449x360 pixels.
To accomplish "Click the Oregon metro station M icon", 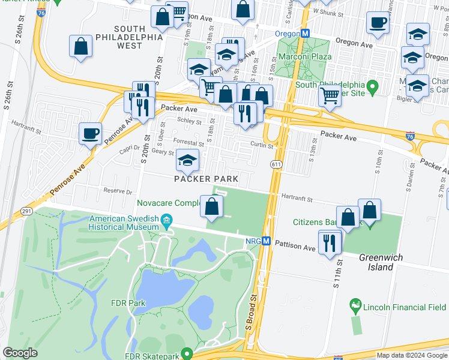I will pos(305,34).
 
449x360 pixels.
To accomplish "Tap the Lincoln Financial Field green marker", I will pos(355,305).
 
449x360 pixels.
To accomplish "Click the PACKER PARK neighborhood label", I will pos(206,179).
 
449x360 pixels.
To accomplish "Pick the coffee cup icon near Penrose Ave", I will pos(91,134).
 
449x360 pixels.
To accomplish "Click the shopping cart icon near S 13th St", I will pos(329,95).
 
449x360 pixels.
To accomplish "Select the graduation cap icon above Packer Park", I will pos(188,160).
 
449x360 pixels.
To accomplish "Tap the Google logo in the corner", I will pos(20,353).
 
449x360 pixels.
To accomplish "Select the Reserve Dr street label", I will pos(117,191).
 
